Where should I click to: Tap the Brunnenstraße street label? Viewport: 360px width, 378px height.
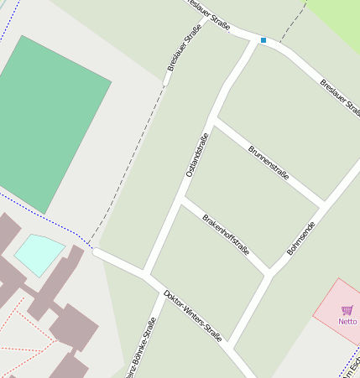click(x=269, y=163)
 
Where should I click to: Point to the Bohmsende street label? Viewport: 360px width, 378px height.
click(x=300, y=238)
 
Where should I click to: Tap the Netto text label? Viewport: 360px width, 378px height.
click(x=347, y=321)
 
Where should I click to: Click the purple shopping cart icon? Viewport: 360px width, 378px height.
click(x=347, y=310)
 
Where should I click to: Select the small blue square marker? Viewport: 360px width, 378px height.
click(x=263, y=40)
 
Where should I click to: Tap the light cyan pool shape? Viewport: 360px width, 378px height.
click(x=39, y=253)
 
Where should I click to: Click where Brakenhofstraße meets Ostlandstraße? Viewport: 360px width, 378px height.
click(x=182, y=199)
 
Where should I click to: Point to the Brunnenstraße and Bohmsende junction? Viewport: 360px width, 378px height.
click(x=324, y=204)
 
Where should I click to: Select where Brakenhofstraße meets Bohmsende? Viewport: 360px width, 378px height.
click(x=269, y=274)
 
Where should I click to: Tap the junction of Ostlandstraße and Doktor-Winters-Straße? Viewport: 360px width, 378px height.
click(x=146, y=274)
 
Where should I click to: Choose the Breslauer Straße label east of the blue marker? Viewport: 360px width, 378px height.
click(x=340, y=98)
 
